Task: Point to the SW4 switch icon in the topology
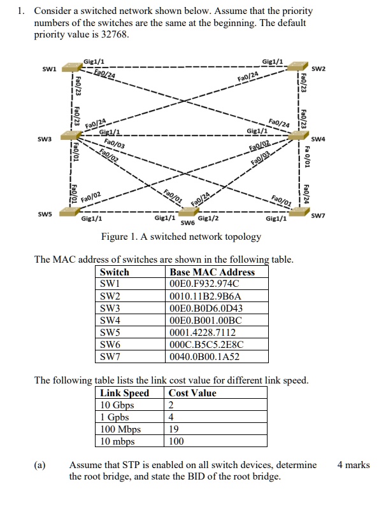coord(299,135)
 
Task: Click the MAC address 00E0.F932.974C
coord(204,284)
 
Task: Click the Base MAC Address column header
coord(212,272)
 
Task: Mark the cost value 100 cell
coord(176,441)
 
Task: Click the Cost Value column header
coord(192,393)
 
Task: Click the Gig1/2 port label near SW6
coord(209,219)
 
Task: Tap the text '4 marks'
coord(354,465)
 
